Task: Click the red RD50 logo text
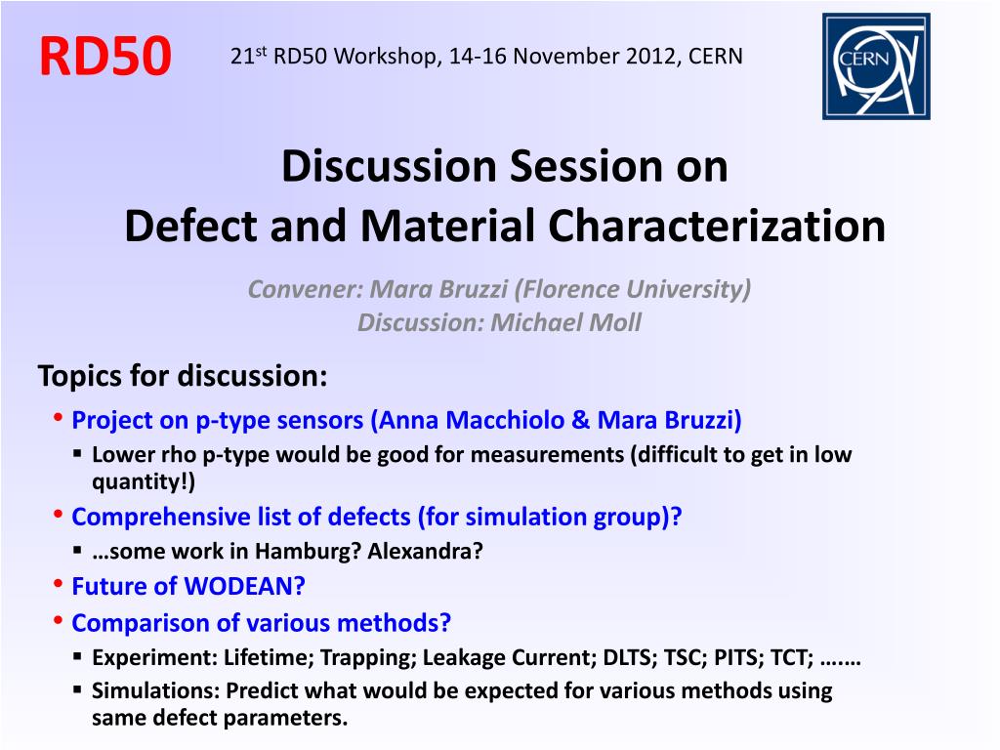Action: pos(105,56)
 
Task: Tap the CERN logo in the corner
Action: pos(876,66)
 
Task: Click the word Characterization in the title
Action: pos(717,227)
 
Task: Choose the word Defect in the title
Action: pos(190,227)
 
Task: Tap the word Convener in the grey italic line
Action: pos(306,289)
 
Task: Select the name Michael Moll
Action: pos(565,322)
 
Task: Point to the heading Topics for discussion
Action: pos(183,376)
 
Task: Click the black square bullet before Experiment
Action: pos(77,655)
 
